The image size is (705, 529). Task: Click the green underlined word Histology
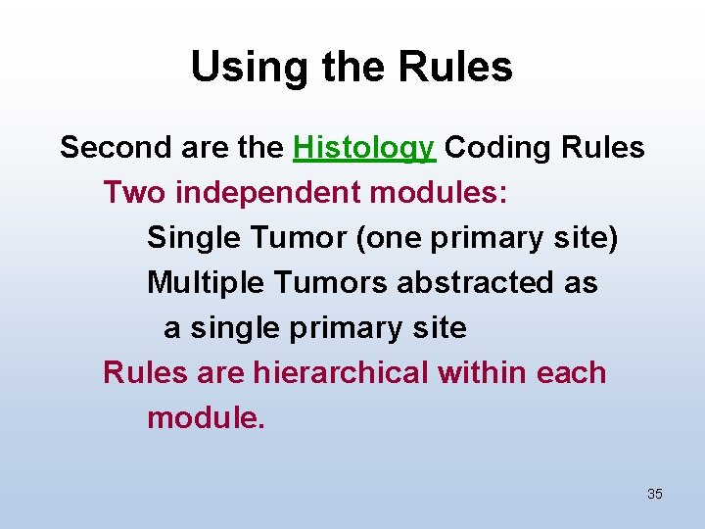click(363, 148)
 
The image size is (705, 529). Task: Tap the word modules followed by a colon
click(439, 193)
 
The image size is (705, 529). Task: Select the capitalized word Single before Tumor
click(189, 238)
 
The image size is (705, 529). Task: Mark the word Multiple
click(206, 283)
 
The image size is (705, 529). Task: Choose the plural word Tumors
click(332, 283)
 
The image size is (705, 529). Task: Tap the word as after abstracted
click(581, 283)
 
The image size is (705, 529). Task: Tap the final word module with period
click(206, 418)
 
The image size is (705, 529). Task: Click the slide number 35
click(655, 494)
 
